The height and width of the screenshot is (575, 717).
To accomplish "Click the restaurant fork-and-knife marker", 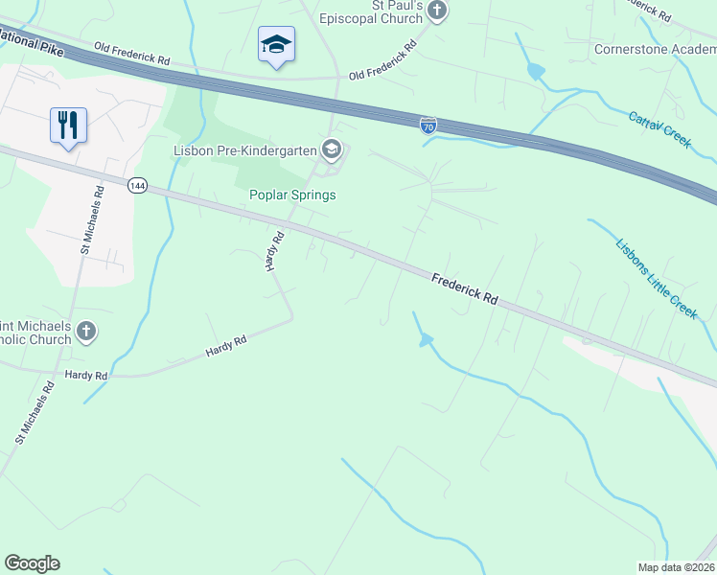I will tap(68, 125).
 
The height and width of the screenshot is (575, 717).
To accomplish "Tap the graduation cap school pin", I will tap(276, 44).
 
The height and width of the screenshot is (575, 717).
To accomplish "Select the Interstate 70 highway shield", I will tap(428, 125).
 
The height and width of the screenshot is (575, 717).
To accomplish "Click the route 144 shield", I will tap(137, 185).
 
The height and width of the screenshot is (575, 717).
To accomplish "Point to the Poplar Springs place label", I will tap(292, 195).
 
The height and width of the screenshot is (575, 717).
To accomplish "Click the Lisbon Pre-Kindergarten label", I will tap(245, 149).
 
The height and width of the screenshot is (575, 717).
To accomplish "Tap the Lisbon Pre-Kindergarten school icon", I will tap(332, 149).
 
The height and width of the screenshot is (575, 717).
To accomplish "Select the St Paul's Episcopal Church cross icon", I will tap(437, 11).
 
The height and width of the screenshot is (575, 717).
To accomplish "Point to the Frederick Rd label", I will tap(465, 288).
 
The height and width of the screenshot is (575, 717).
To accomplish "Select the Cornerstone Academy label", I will tap(655, 49).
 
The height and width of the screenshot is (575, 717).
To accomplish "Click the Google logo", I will tap(32, 563).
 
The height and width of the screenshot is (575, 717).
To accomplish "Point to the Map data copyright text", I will tap(676, 567).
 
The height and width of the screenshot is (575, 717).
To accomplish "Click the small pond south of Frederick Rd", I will tap(426, 339).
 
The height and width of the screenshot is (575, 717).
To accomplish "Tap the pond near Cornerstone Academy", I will tap(535, 71).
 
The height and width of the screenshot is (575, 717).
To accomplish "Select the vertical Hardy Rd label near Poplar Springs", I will tap(274, 251).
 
